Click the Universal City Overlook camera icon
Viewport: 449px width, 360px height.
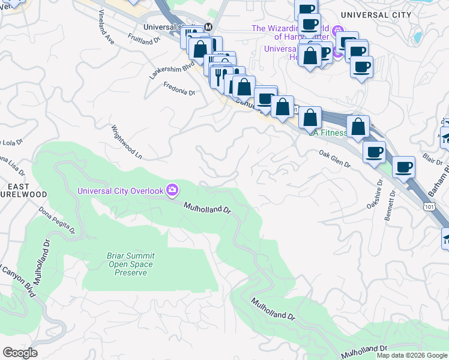click(x=173, y=190)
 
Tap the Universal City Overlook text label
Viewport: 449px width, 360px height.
click(x=121, y=191)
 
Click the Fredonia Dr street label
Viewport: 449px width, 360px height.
click(x=179, y=89)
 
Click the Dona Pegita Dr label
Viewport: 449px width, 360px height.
click(x=57, y=220)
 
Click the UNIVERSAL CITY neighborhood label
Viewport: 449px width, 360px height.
click(x=376, y=14)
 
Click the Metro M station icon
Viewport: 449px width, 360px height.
click(x=208, y=27)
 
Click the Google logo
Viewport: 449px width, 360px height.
click(x=20, y=353)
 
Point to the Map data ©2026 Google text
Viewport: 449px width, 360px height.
click(x=412, y=355)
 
